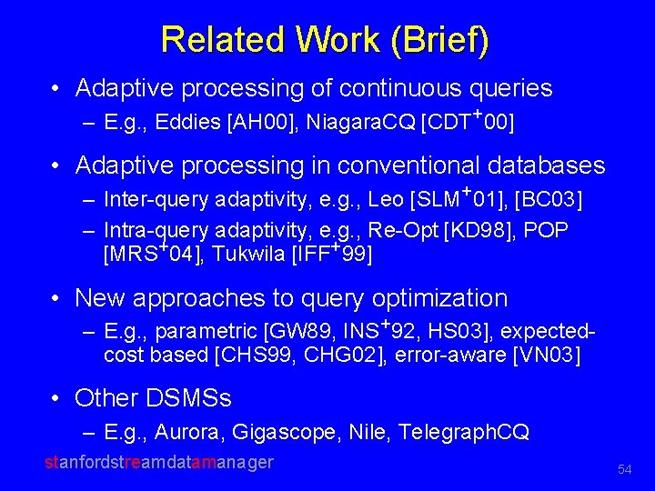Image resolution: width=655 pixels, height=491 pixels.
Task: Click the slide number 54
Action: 624,469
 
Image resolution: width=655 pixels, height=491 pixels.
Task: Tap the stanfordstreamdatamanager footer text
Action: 159,463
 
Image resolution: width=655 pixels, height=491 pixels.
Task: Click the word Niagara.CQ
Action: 359,122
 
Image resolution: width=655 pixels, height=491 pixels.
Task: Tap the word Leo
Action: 389,199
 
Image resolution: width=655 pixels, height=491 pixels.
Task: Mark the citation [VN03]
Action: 545,355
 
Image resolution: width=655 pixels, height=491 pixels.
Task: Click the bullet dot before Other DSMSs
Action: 57,399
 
